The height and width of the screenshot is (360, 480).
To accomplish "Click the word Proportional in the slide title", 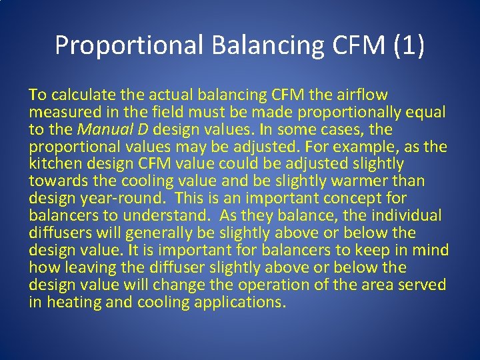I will pos(129,45).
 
